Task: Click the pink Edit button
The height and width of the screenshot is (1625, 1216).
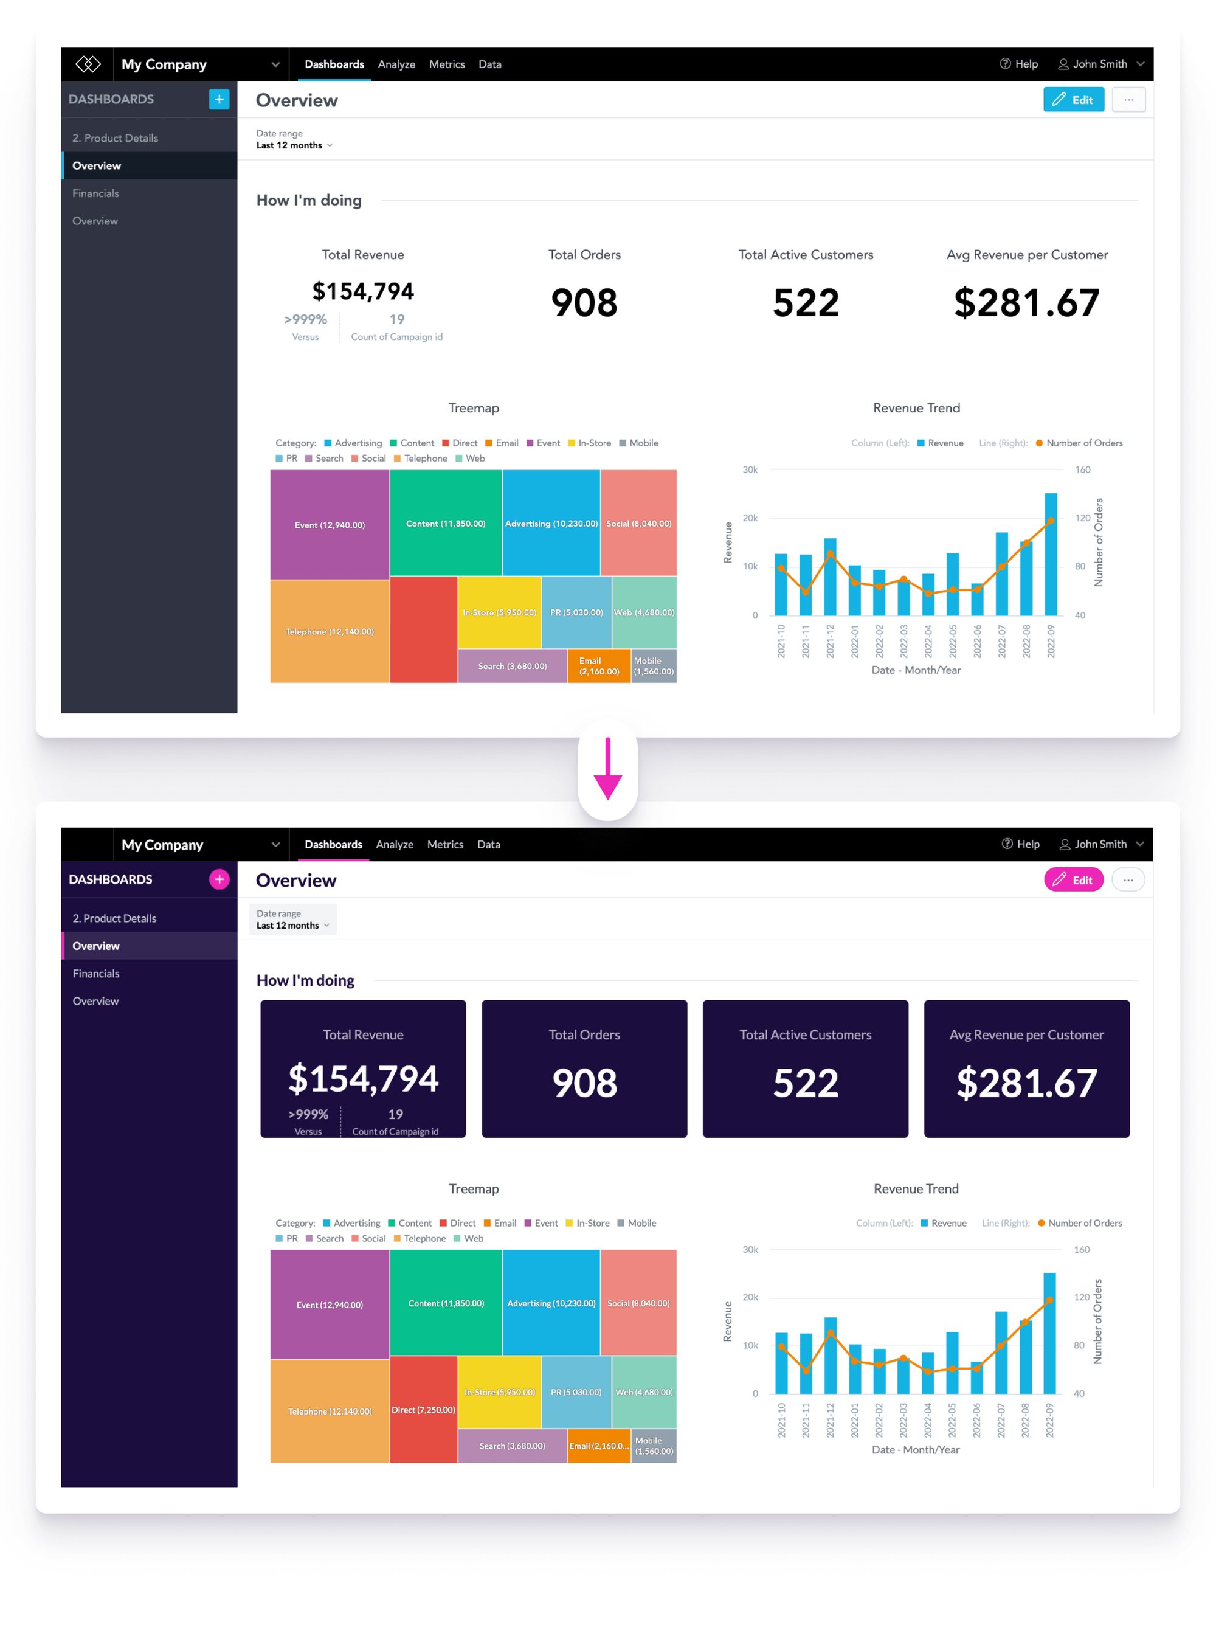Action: (x=1073, y=879)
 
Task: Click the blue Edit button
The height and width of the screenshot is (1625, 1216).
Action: (x=1073, y=99)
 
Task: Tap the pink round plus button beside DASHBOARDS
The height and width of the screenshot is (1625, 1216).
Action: (x=219, y=879)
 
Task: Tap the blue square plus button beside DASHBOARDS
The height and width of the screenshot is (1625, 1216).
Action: (x=219, y=99)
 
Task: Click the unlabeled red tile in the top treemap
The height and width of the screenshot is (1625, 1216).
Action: (x=423, y=629)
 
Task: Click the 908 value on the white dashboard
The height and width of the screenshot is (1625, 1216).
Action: (x=584, y=303)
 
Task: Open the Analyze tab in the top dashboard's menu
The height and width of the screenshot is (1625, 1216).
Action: (x=396, y=64)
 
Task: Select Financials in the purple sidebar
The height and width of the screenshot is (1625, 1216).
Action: (x=95, y=974)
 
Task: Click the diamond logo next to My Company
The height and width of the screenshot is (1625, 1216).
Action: (x=88, y=64)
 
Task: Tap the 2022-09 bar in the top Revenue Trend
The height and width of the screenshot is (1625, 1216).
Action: (x=1050, y=555)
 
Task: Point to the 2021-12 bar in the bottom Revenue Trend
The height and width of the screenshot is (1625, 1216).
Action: (x=830, y=1356)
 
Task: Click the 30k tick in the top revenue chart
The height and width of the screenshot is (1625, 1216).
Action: (x=750, y=469)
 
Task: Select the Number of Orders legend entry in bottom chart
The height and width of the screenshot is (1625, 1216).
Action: (x=1084, y=1223)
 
